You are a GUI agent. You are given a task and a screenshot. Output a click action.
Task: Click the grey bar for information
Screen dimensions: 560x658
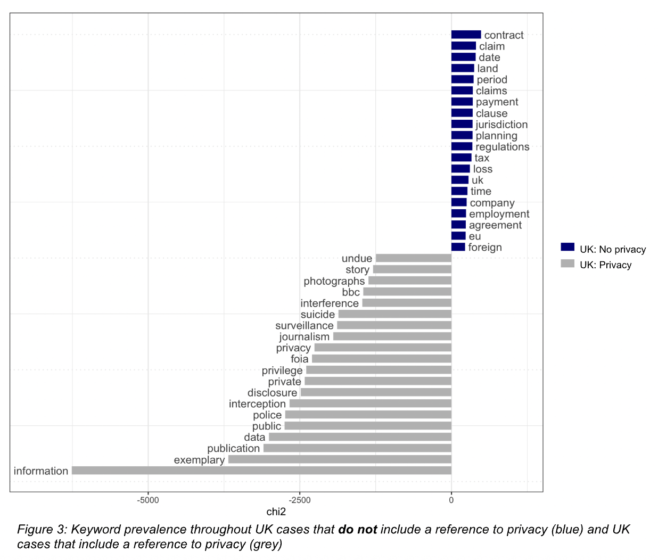coord(261,471)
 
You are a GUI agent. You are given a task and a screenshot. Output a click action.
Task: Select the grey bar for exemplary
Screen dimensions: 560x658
coord(340,459)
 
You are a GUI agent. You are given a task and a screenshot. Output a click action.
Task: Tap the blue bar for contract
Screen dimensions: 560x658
coord(466,35)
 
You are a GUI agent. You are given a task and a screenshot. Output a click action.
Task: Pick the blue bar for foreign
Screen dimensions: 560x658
coord(458,247)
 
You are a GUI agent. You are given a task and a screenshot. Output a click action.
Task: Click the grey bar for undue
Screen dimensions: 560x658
coord(413,258)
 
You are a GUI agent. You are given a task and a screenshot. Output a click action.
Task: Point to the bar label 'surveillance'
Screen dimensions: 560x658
coord(304,325)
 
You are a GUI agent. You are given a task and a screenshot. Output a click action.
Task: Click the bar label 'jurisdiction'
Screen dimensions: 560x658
coord(501,125)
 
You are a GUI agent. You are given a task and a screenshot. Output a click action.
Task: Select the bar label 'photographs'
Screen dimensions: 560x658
coord(334,281)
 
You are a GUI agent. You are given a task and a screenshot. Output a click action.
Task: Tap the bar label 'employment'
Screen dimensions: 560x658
coord(499,214)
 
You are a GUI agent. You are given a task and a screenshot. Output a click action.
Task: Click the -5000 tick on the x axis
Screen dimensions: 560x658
coord(148,500)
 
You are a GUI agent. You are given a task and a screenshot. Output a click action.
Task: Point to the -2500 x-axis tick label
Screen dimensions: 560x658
coord(300,500)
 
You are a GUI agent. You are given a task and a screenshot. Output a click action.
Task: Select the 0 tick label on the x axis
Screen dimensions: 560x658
coord(451,500)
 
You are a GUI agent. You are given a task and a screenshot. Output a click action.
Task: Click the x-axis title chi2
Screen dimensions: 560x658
coord(276,512)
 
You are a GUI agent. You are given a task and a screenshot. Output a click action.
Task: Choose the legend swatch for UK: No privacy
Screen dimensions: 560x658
coord(567,248)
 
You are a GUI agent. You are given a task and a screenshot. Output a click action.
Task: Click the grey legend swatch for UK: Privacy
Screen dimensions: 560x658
coord(567,263)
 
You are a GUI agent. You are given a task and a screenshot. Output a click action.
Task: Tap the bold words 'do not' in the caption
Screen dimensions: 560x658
coord(357,530)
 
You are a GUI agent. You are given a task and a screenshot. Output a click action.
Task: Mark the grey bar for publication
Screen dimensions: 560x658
coord(357,448)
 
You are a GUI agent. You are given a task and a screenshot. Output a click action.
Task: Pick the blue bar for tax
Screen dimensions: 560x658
coord(461,158)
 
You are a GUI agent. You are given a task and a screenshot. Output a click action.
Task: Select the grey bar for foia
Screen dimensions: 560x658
coord(381,359)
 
